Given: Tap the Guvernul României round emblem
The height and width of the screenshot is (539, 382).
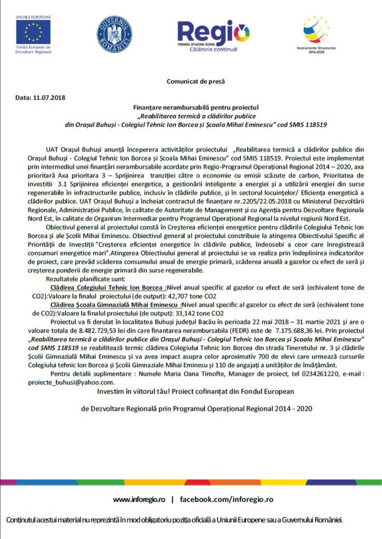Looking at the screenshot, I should (x=114, y=35).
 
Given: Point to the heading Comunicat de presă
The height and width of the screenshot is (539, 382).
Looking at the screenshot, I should (x=196, y=81).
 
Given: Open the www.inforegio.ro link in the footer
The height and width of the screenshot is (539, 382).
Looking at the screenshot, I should (x=139, y=499).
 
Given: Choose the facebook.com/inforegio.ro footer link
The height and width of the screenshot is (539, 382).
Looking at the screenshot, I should (x=226, y=499).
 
